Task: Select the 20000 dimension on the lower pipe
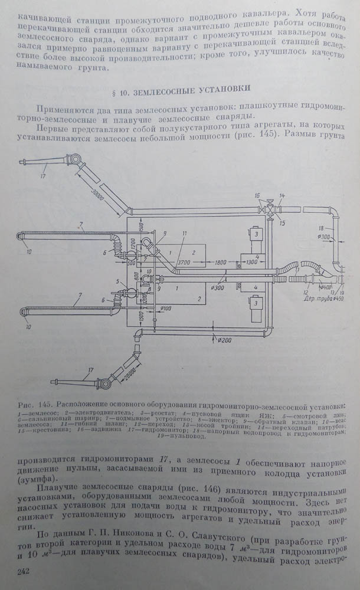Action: pos(134,361)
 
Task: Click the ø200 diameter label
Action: pos(225,340)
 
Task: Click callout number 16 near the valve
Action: pos(257,195)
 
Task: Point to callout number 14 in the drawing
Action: pos(282,195)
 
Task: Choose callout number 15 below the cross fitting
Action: pos(282,223)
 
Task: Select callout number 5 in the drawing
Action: pos(118,281)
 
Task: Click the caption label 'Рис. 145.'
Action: pos(35,403)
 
